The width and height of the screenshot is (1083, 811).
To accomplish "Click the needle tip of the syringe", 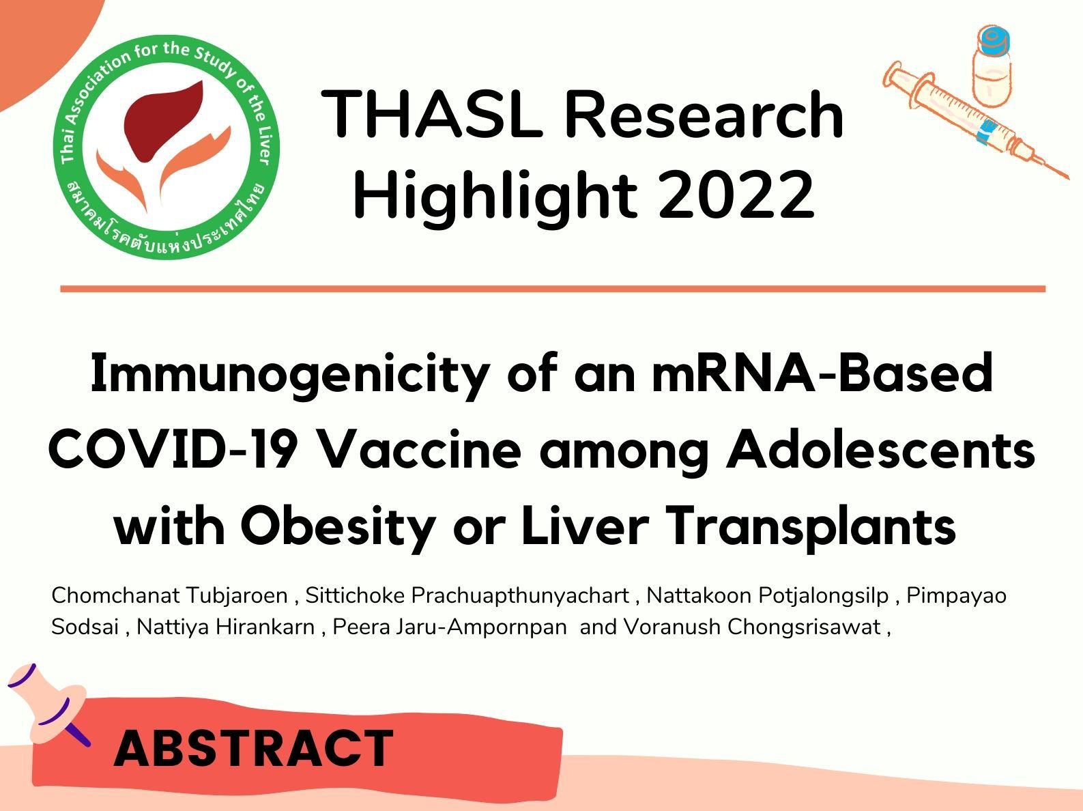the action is tap(1066, 177).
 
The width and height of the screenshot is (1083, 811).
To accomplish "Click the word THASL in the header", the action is tap(432, 114).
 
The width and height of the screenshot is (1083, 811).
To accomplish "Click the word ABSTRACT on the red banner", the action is tap(253, 749).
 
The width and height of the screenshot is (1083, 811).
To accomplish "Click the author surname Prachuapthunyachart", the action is tap(520, 597).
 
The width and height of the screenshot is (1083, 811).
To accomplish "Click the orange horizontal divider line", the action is tap(553, 289).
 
